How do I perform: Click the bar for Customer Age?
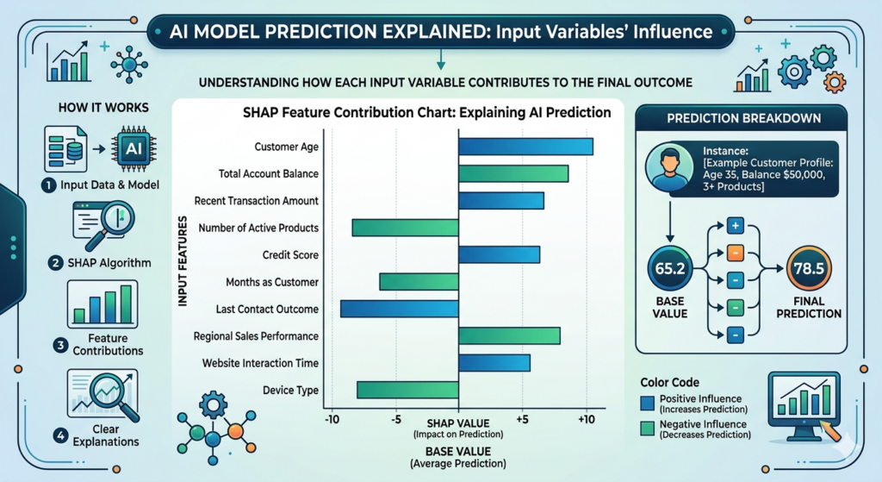pyautogui.click(x=525, y=147)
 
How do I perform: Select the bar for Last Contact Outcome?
pyautogui.click(x=399, y=309)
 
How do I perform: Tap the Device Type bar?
pyautogui.click(x=407, y=390)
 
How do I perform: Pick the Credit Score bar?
pyautogui.click(x=499, y=254)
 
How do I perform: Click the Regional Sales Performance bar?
pyautogui.click(x=509, y=335)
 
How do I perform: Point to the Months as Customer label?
pyautogui.click(x=272, y=282)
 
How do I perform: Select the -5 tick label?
pyautogui.click(x=395, y=419)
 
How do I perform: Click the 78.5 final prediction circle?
pyautogui.click(x=809, y=269)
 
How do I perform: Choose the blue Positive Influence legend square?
pyautogui.click(x=648, y=403)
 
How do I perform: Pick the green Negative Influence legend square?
pyautogui.click(x=648, y=429)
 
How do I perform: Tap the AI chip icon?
pyautogui.click(x=134, y=148)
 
